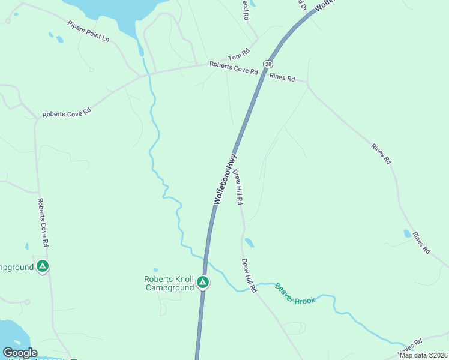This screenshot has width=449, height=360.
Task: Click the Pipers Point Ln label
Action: pos(89,31)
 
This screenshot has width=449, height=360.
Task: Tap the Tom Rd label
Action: pos(238,55)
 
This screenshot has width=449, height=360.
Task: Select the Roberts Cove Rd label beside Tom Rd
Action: pos(234,68)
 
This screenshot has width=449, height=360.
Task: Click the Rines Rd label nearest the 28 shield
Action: pos(282,77)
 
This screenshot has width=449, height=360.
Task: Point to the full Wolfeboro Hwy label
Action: pos(225,179)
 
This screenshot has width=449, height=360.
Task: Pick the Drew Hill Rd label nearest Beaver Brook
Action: pos(249,275)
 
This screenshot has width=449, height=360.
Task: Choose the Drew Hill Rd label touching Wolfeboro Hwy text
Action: pos(238,187)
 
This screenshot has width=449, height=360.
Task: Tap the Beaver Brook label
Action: pos(295,293)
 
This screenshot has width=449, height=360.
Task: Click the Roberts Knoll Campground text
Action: pos(170,283)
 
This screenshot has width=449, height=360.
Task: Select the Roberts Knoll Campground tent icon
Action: pos(203,282)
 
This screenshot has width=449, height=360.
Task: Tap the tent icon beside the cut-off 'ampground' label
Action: pos(42,266)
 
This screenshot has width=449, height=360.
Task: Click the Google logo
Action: pos(20,353)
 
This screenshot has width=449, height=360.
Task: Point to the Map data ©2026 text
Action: pos(423,355)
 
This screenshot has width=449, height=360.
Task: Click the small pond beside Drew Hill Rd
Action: pos(249,243)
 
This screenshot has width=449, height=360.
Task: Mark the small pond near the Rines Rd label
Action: pos(408,233)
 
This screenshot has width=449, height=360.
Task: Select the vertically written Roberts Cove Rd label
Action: pos(43,223)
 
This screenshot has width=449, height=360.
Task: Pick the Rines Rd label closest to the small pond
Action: pos(421,241)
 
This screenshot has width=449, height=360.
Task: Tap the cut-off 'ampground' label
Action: pos(16,268)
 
